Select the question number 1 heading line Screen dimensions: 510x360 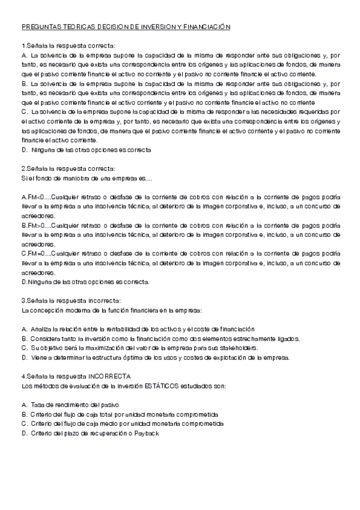pos(69,46)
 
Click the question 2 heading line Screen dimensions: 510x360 pos(69,168)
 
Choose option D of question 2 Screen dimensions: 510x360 pos(85,281)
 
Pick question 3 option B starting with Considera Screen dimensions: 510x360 pos(161,339)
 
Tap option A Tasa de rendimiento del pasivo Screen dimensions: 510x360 pos(72,405)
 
